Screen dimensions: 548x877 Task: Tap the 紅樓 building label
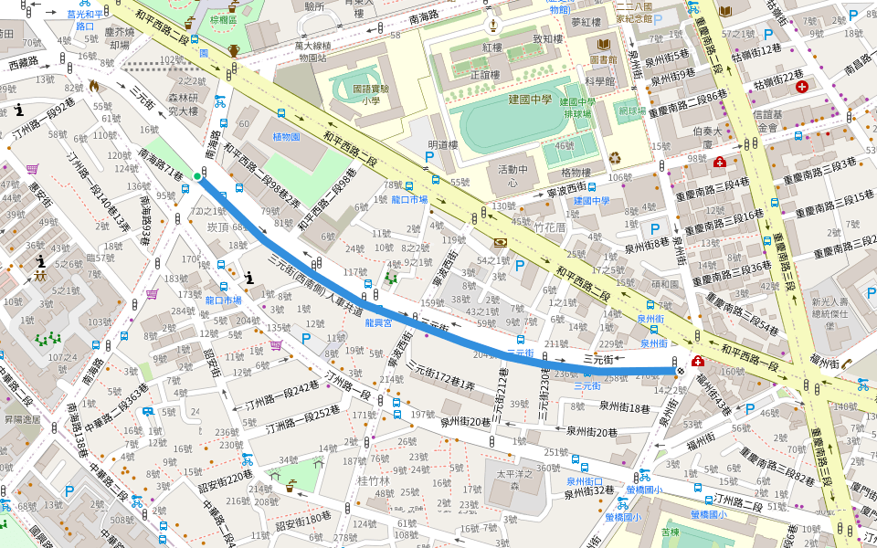pos(492,47)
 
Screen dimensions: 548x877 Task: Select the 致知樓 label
pos(548,39)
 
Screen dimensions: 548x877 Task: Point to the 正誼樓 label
pos(485,75)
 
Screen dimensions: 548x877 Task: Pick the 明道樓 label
pos(442,144)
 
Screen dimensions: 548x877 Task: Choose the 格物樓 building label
pos(576,173)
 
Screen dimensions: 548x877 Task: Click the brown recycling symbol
pos(615,157)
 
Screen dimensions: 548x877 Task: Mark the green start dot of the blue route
pos(197,176)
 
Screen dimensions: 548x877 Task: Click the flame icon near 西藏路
pos(93,85)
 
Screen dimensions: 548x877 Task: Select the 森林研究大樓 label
pos(183,104)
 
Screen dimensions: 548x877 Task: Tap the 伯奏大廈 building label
pos(702,138)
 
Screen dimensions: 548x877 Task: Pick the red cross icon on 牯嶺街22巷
pos(802,87)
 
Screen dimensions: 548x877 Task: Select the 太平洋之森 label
pos(513,480)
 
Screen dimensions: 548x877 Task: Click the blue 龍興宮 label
pos(378,322)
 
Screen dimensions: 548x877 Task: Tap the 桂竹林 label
pos(373,480)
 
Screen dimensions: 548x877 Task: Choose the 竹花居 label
pos(551,227)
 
